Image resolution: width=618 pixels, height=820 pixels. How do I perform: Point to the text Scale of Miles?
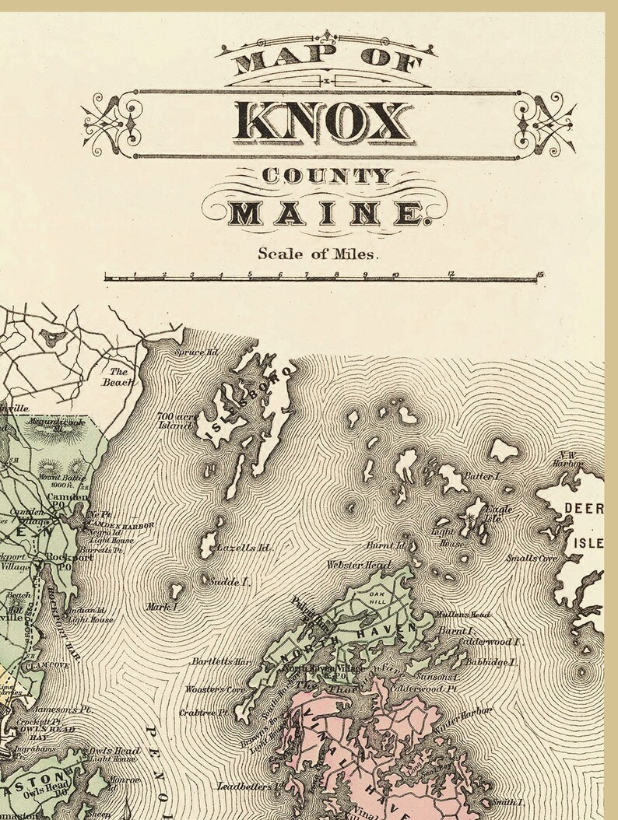tap(318, 252)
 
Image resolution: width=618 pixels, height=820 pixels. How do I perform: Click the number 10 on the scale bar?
tap(395, 274)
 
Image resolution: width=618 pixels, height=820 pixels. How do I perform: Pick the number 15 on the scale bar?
tap(539, 274)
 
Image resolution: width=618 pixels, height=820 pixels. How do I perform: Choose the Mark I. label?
tap(163, 605)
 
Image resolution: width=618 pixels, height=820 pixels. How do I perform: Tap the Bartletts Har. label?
tap(222, 662)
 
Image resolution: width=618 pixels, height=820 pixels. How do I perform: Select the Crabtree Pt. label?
tap(202, 711)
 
